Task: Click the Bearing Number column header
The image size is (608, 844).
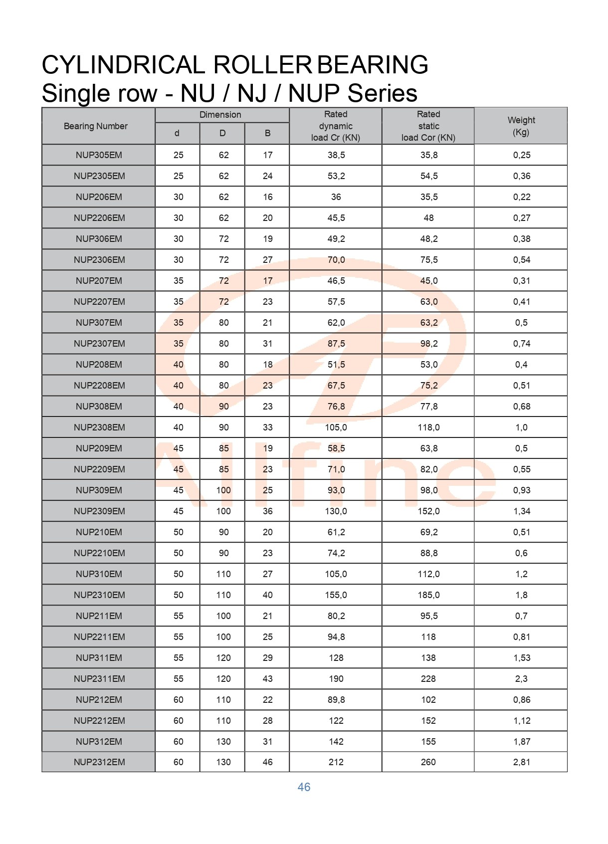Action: point(95,126)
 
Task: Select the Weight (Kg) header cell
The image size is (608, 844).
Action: point(521,126)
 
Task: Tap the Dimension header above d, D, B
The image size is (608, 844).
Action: point(220,115)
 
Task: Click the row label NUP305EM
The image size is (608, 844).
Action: point(99,155)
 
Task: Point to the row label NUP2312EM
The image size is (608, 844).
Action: point(99,762)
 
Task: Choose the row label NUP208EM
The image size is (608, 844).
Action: point(99,365)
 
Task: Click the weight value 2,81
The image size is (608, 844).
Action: point(521,762)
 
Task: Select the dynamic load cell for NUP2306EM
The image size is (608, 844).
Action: point(336,260)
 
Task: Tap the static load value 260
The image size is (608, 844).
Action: point(428,762)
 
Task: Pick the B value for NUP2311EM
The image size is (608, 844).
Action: point(267,679)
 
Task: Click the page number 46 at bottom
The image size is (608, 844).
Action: point(304,787)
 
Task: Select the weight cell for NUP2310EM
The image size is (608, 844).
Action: point(521,595)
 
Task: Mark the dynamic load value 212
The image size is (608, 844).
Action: point(336,762)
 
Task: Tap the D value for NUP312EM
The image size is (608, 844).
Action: point(223,742)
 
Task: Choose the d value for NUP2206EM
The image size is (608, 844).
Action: point(178,218)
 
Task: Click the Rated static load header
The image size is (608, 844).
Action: point(428,126)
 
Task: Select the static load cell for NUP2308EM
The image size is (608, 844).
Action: point(428,427)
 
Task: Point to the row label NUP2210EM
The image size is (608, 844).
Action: point(99,553)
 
